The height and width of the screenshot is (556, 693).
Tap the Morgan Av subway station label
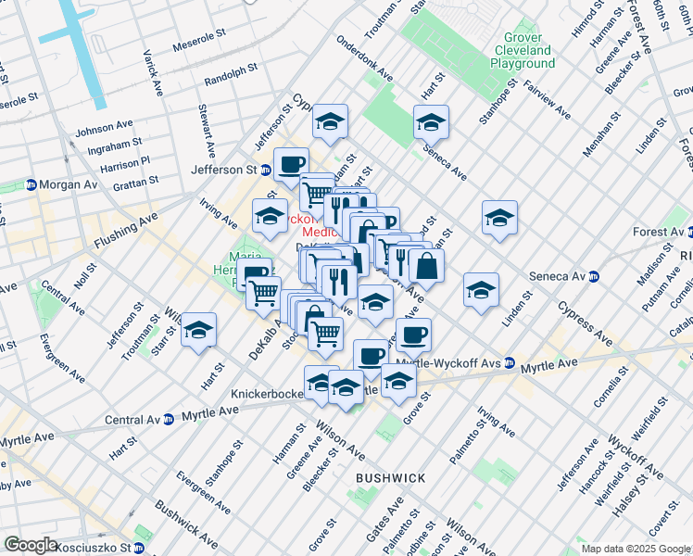(70, 184)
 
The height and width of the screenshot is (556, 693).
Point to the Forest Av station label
(660, 232)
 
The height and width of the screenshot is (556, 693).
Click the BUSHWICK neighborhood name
(390, 478)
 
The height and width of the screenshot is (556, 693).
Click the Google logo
(31, 545)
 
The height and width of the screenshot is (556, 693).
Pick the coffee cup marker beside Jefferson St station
(291, 165)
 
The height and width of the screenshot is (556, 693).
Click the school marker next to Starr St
(198, 330)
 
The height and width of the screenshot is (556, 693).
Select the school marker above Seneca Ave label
(431, 122)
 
